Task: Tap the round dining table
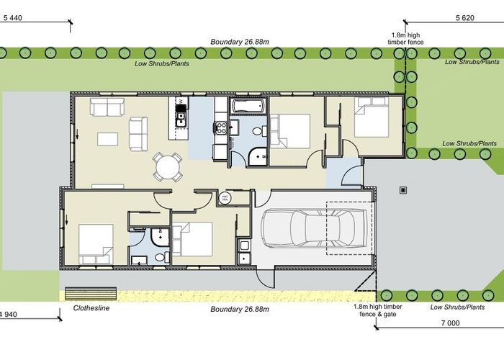(168, 168)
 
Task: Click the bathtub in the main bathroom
(249, 107)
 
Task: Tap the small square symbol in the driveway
(403, 191)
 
